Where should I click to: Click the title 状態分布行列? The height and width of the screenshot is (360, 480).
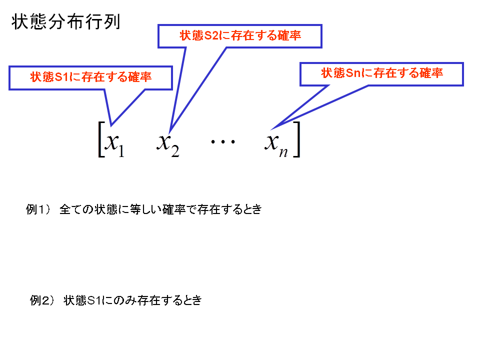click(66, 22)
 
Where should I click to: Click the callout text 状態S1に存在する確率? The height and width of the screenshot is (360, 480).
click(91, 77)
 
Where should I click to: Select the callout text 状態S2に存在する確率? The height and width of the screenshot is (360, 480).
click(240, 35)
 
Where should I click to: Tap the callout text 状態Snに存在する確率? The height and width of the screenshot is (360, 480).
click(382, 73)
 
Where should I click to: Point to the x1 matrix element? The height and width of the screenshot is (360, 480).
click(114, 144)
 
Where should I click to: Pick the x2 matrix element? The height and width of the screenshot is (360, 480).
click(168, 144)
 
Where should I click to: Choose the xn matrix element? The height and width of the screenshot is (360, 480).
click(276, 145)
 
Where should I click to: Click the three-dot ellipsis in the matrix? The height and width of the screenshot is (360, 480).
click(223, 141)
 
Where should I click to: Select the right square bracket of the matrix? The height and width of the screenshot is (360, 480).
click(296, 139)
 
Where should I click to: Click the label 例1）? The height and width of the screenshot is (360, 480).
click(38, 209)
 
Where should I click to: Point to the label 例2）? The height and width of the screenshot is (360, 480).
click(42, 300)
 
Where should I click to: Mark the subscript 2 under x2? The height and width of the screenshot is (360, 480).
click(175, 151)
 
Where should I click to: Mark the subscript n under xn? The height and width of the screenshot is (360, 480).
click(283, 152)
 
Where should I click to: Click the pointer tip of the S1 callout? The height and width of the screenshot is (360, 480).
click(111, 125)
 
